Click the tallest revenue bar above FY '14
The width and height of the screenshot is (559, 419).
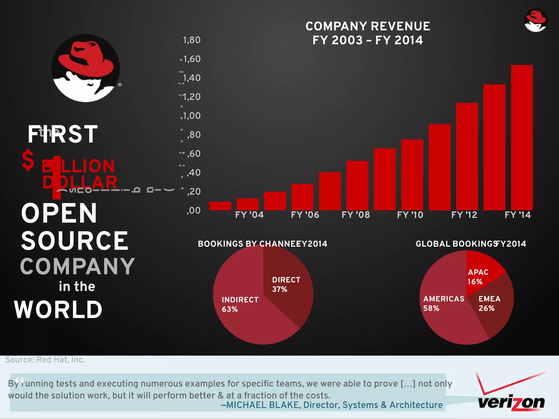point(522,137)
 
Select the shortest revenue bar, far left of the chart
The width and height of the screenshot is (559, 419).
point(220,206)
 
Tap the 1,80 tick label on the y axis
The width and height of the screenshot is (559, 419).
point(192,40)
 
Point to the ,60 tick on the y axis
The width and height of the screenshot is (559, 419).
point(194,154)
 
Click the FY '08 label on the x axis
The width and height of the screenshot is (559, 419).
point(356,215)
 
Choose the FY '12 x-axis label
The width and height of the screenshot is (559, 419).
point(464,215)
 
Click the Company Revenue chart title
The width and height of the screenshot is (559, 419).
point(368,33)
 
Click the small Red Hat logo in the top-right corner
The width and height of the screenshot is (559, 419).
point(535,20)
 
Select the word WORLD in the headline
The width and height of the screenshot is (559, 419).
point(58,310)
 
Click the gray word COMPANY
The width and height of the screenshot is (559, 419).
point(78,267)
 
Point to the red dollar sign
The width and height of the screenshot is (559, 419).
point(28,160)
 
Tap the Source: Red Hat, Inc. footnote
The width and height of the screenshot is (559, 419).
point(45,360)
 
